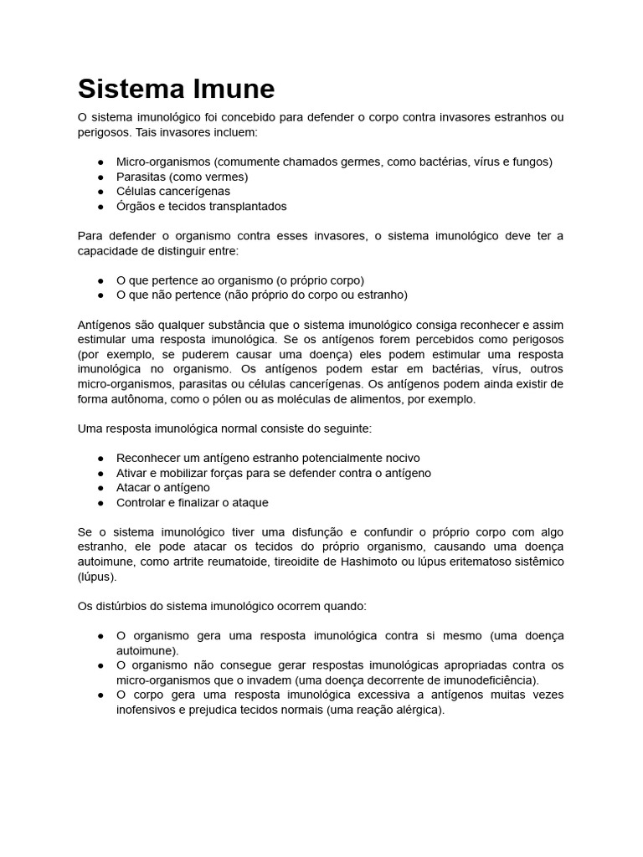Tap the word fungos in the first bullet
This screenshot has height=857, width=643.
(529, 162)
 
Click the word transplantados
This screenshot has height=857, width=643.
(244, 206)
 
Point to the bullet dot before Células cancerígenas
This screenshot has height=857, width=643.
(100, 192)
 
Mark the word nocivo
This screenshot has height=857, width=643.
(400, 458)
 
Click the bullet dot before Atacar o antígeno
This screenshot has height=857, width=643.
(100, 488)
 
